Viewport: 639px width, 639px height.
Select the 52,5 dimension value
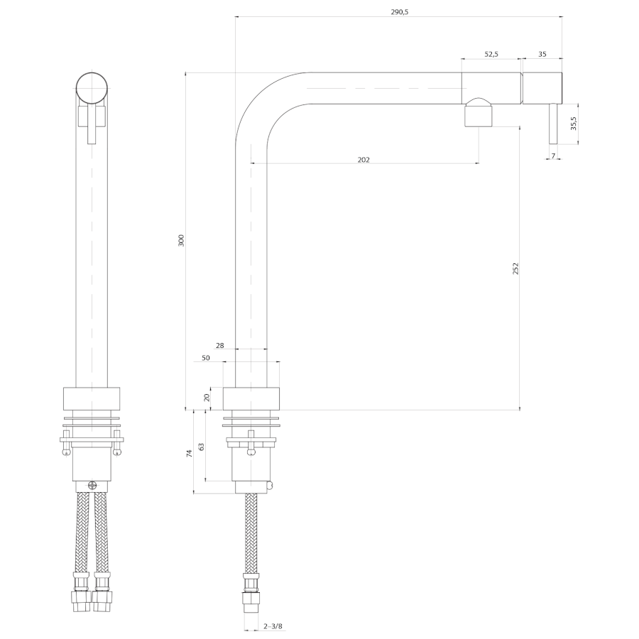tap(491, 54)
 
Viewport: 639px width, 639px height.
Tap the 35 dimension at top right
tap(542, 54)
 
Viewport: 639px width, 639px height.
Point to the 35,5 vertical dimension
tap(574, 123)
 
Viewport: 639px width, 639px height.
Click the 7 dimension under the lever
tap(553, 155)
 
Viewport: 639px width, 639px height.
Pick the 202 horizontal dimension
tap(364, 160)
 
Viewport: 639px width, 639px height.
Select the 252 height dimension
tap(516, 268)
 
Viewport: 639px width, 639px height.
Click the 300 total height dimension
tap(181, 240)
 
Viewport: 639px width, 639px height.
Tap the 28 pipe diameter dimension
tap(220, 346)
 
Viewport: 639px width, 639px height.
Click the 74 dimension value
tap(190, 452)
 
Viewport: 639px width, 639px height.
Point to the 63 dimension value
tap(202, 447)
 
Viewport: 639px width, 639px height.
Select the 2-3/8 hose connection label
tap(273, 626)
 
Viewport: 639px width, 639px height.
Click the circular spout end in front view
tap(92, 89)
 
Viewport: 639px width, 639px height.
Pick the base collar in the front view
tap(92, 398)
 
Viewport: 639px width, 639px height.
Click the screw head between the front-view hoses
tap(92, 484)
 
